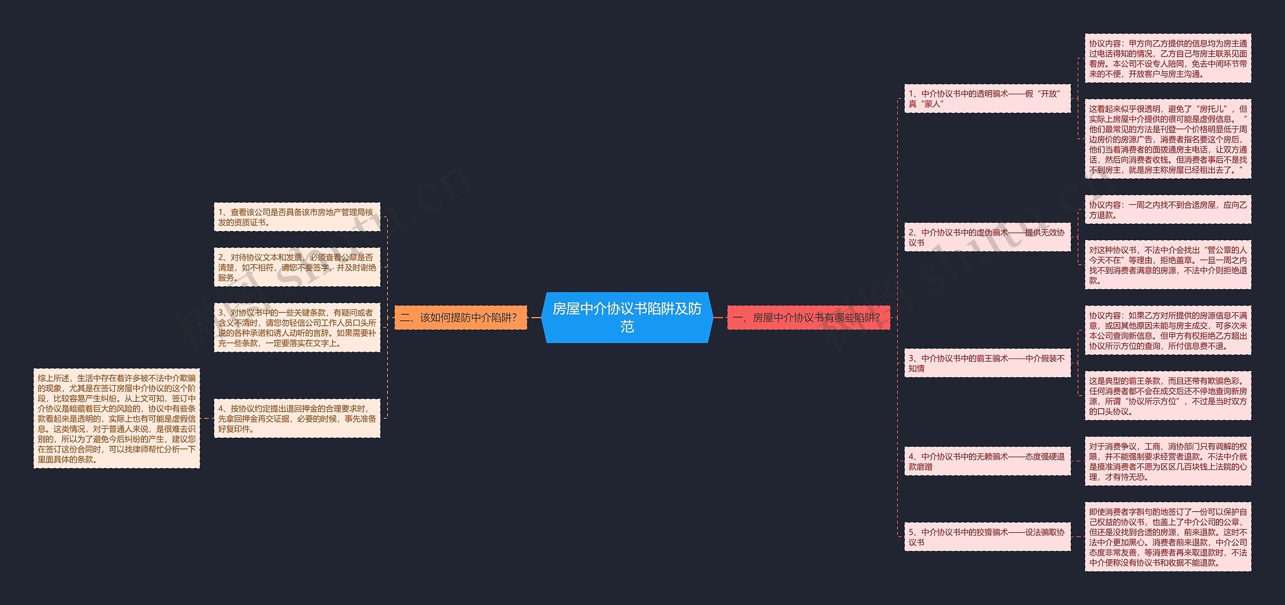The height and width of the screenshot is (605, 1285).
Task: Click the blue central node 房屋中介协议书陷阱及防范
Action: [627, 317]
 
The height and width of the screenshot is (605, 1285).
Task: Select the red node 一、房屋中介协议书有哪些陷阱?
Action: [808, 317]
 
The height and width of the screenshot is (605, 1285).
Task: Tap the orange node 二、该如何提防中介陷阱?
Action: [461, 317]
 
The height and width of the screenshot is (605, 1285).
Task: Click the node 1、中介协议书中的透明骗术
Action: [987, 98]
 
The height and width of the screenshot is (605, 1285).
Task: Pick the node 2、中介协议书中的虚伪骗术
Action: [987, 237]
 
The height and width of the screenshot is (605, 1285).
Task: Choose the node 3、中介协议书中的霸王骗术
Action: [987, 363]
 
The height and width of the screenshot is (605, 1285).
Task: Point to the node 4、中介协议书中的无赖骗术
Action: [987, 461]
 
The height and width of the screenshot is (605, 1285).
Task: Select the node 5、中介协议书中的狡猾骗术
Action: [987, 537]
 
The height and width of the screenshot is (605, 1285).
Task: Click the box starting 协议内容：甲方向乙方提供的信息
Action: [1168, 58]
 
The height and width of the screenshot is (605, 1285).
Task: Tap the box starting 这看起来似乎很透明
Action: [1168, 139]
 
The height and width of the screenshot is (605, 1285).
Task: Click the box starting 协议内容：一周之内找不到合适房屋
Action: [1168, 209]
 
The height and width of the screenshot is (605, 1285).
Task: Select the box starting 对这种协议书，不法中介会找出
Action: [1168, 265]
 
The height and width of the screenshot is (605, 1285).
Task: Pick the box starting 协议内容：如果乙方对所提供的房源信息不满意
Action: [1168, 330]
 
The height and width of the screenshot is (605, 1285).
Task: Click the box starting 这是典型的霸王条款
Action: [1168, 396]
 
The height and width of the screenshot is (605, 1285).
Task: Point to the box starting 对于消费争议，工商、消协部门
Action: [1168, 461]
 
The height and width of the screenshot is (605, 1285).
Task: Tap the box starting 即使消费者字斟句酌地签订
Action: [1168, 537]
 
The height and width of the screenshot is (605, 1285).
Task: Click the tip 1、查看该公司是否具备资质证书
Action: [297, 217]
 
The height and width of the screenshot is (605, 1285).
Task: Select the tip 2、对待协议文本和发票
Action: [297, 267]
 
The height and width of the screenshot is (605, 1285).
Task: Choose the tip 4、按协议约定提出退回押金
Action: [297, 418]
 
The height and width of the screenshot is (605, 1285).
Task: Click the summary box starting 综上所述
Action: [116, 418]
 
